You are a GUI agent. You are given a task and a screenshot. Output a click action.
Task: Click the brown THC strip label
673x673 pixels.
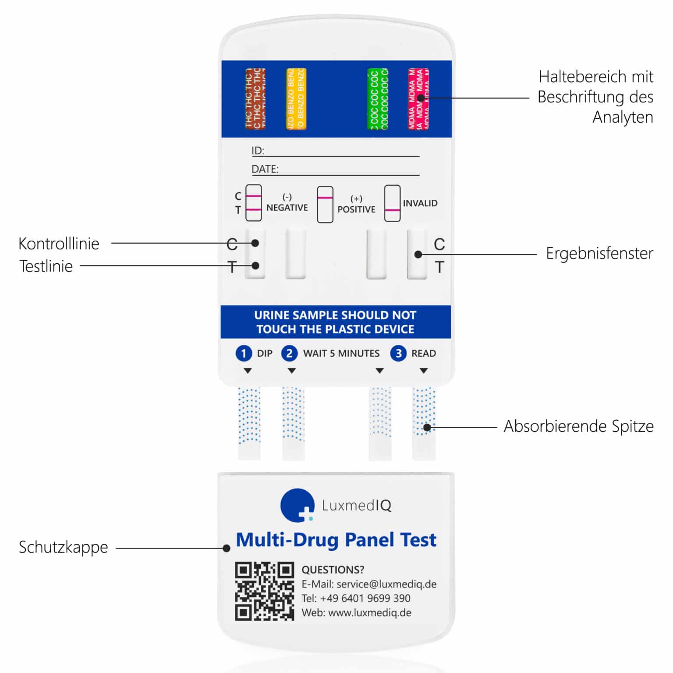coord(255,99)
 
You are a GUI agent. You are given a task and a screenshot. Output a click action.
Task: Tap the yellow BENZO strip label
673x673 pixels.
coord(296,99)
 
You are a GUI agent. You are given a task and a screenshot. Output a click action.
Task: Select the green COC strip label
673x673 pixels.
coord(377,99)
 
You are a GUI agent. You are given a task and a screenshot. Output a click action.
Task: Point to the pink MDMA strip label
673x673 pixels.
coord(418,99)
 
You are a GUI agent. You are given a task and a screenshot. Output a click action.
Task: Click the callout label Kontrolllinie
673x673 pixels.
coord(59,244)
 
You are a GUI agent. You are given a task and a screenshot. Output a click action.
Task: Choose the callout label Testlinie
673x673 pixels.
coord(46,266)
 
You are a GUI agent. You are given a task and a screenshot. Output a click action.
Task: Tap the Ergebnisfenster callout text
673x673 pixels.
coord(599,253)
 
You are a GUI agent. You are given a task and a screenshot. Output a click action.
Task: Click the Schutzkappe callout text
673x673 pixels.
coord(63,547)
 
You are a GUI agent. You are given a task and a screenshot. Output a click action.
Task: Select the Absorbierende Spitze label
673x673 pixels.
coord(578,426)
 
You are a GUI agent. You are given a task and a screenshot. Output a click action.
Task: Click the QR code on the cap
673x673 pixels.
coord(264,591)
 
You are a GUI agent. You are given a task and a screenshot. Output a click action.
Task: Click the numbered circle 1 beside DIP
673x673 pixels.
coord(244,353)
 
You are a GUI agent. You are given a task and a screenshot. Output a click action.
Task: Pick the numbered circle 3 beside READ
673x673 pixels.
coord(398,353)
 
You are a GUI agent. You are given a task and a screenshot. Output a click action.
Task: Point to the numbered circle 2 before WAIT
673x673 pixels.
coord(289,353)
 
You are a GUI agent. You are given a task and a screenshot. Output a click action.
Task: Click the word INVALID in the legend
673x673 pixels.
coord(420,203)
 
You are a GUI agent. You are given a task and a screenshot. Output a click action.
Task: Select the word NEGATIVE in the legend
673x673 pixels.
coord(287,208)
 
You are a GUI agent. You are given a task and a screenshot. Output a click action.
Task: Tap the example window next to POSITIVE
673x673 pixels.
coord(325,205)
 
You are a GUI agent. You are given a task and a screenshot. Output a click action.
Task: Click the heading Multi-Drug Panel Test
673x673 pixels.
coord(336,540)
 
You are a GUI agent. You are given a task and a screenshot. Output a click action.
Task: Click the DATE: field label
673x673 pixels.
coord(265,169)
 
